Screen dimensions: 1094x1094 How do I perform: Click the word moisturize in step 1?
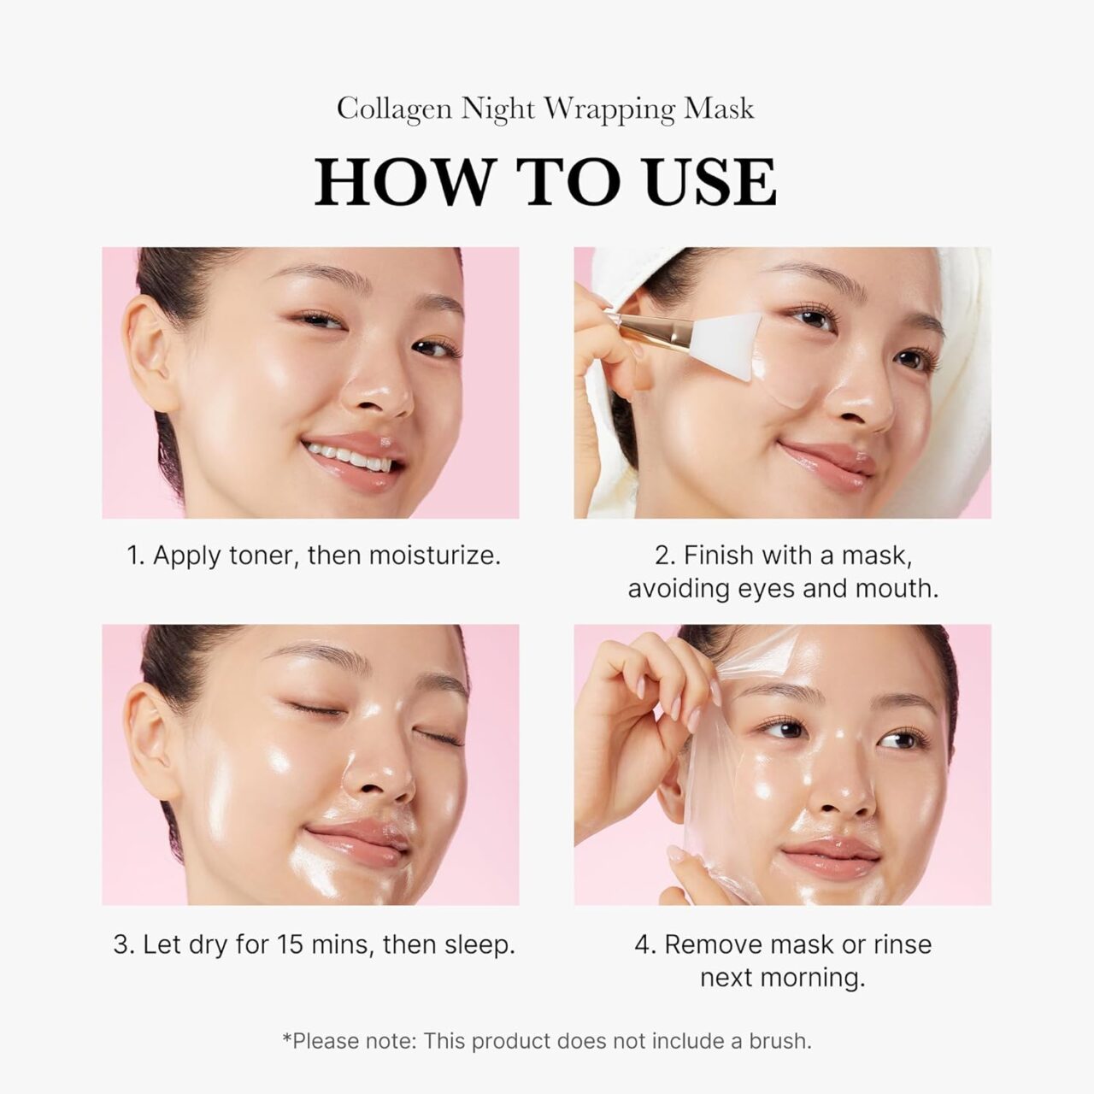[434, 556]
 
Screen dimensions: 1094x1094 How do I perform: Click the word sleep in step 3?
[479, 944]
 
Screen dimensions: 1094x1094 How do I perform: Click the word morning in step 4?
[816, 977]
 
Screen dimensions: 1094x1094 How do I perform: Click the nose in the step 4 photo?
[842, 795]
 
